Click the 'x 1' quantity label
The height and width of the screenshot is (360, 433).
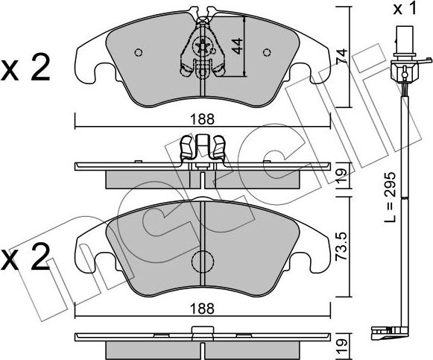pos(408,9)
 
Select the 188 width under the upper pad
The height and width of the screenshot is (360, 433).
pos(203,118)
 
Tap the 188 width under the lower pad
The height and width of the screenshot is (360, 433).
pos(203,306)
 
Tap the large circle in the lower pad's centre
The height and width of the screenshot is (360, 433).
pos(203,262)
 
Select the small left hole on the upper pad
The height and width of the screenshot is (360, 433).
pos(137,52)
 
